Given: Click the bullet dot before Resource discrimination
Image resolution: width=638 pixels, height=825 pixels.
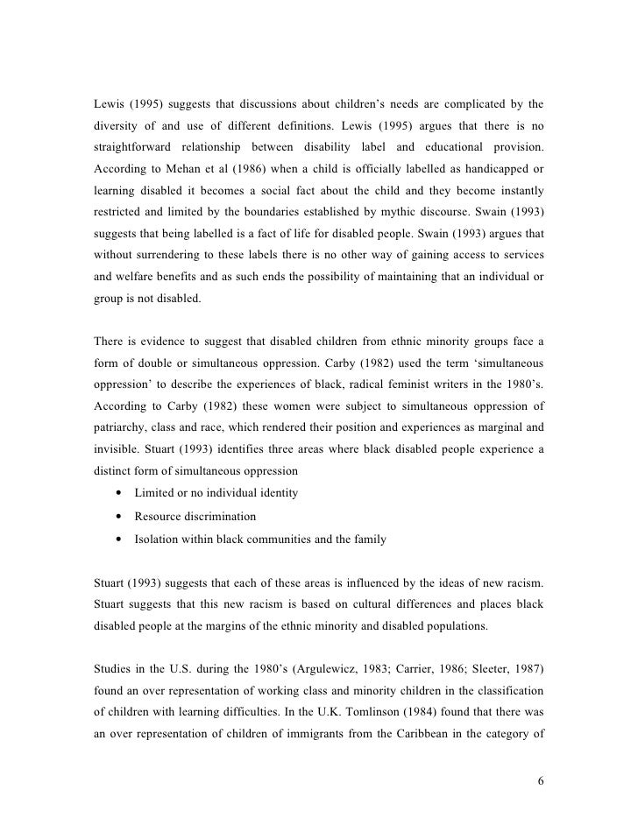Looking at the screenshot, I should tap(117, 517).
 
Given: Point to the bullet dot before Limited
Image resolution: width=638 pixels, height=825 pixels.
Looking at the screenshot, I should tap(117, 494).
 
